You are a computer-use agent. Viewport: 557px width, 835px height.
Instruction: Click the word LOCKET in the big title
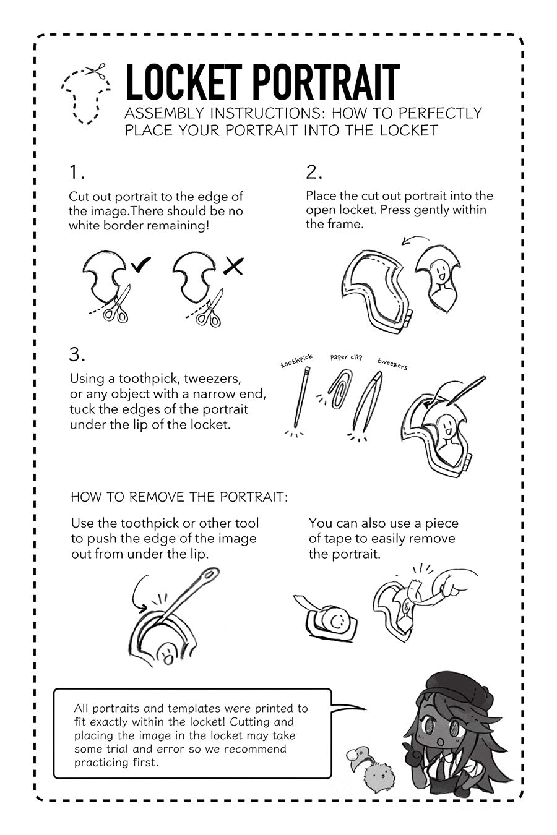pyautogui.click(x=183, y=82)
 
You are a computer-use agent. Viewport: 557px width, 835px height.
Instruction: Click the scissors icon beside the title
pyautogui.click(x=96, y=71)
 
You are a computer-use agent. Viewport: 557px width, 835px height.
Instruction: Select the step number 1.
pyautogui.click(x=77, y=173)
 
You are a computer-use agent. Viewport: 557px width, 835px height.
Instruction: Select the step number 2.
pyautogui.click(x=314, y=173)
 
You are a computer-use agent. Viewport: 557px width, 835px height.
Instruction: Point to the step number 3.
pyautogui.click(x=77, y=354)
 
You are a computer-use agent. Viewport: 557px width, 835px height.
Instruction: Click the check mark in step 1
pyautogui.click(x=140, y=264)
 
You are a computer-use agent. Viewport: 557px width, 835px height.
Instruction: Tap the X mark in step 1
pyautogui.click(x=234, y=266)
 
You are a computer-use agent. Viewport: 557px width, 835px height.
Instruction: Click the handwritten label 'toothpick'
pyautogui.click(x=296, y=361)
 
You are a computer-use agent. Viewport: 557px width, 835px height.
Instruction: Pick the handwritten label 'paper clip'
pyautogui.click(x=346, y=357)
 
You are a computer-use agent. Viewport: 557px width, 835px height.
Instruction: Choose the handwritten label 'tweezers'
pyautogui.click(x=392, y=364)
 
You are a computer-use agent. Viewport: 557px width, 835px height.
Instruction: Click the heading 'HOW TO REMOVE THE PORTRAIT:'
pyautogui.click(x=179, y=497)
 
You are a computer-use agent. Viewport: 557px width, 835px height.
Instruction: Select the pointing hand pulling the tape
pyautogui.click(x=457, y=586)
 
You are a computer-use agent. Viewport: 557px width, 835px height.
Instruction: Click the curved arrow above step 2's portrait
pyautogui.click(x=415, y=239)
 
